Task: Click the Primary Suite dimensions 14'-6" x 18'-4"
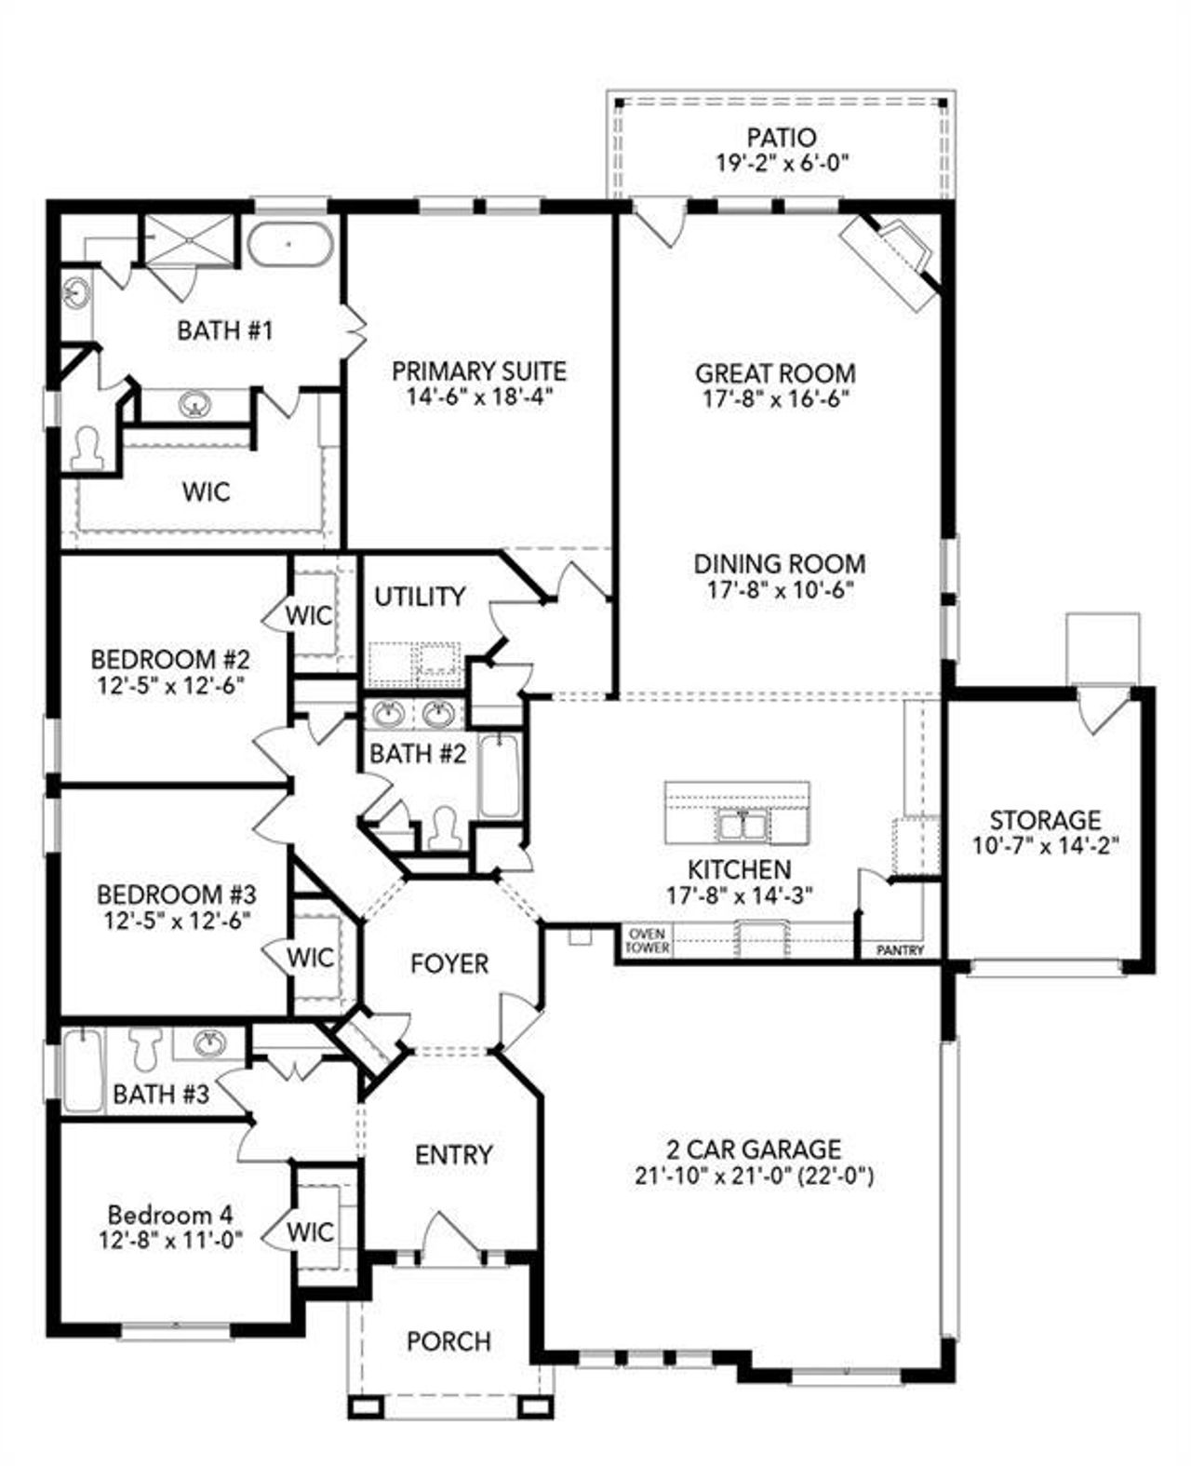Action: (479, 397)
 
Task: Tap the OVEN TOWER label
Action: (647, 940)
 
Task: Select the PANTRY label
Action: (900, 950)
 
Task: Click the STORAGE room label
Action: (1044, 820)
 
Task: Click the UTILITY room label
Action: (420, 596)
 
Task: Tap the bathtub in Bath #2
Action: (499, 774)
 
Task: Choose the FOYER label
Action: (449, 962)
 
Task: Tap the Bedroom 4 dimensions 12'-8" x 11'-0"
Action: (170, 1240)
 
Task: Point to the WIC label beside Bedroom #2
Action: (309, 615)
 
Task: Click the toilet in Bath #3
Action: (145, 1050)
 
